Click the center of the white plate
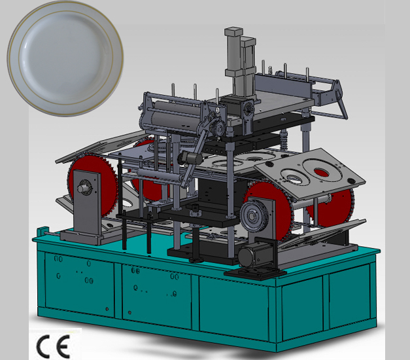(65, 58)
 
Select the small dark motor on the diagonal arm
(190, 158)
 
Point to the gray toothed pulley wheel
(254, 216)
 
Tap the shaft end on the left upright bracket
(81, 187)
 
